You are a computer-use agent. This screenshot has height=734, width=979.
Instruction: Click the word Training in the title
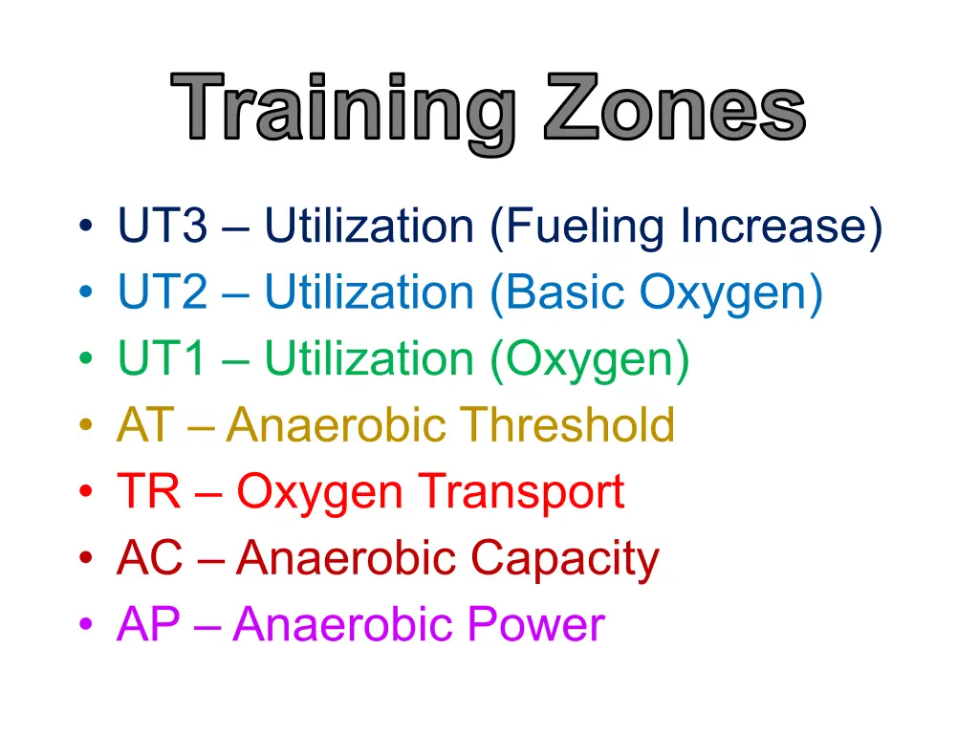click(x=343, y=113)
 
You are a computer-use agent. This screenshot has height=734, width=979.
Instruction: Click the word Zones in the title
click(x=675, y=106)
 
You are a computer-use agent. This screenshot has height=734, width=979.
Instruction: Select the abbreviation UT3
click(x=163, y=225)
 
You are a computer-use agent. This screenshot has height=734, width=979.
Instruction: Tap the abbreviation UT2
click(x=163, y=291)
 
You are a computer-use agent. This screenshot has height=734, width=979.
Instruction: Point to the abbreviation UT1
click(x=162, y=358)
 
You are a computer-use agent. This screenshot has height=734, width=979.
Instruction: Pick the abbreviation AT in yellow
click(x=145, y=424)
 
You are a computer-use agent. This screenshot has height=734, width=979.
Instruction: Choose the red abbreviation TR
click(x=148, y=491)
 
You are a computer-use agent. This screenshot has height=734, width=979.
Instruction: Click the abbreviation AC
click(x=150, y=557)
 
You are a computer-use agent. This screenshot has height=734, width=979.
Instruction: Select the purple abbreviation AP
click(x=148, y=624)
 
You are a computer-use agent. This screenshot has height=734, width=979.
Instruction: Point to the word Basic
click(x=565, y=291)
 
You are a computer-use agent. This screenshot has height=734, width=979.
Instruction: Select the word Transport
click(x=521, y=493)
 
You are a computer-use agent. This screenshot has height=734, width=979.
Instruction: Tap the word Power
click(x=536, y=624)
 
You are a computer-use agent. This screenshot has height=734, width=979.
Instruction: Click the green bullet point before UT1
click(x=86, y=358)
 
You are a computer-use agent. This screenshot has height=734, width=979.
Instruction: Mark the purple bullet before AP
click(x=86, y=623)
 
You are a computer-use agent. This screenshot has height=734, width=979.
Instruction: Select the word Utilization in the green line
click(x=369, y=358)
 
